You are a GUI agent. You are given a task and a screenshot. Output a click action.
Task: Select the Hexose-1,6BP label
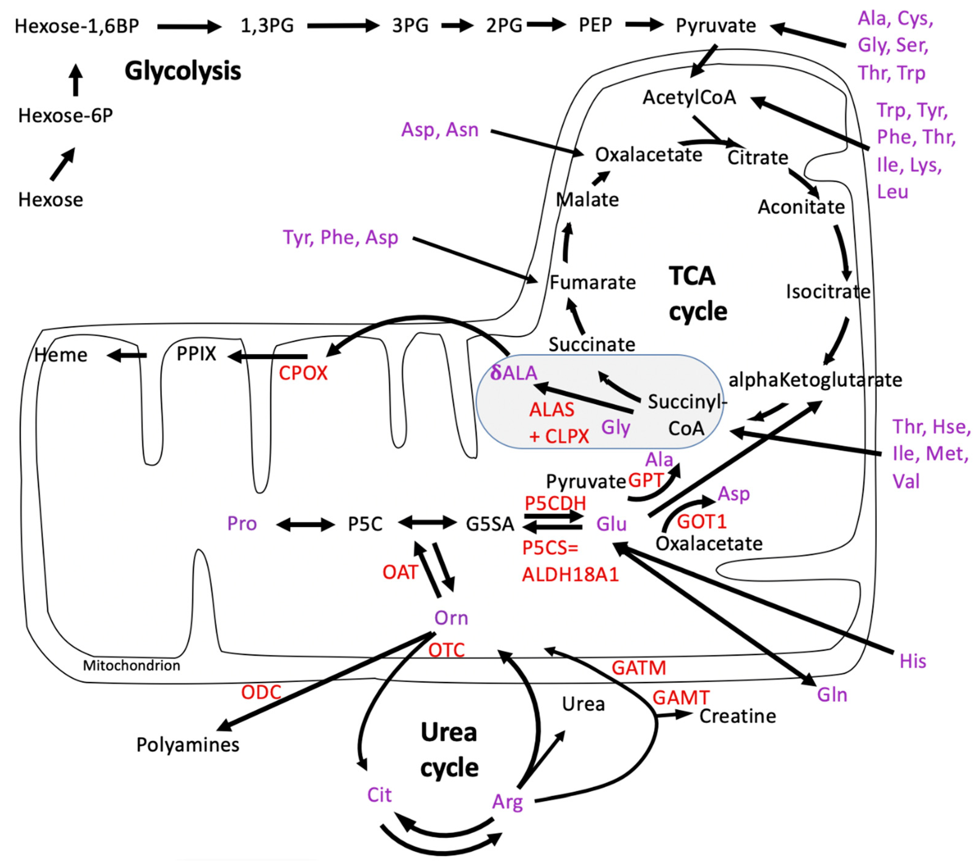click(77, 26)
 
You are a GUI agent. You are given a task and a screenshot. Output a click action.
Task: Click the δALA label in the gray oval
click(514, 373)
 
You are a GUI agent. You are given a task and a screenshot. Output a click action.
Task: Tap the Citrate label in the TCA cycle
click(757, 157)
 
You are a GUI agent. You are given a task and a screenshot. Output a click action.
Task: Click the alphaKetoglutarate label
click(815, 380)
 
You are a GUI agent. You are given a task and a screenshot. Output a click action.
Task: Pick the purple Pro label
click(242, 524)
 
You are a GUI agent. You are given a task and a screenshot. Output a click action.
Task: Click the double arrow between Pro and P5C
click(305, 524)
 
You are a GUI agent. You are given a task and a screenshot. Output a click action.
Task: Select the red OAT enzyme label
click(400, 572)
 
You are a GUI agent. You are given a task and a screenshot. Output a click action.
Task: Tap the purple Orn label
click(451, 618)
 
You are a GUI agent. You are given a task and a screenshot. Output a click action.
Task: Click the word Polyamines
click(187, 745)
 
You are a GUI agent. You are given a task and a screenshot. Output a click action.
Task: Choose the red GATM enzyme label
click(638, 668)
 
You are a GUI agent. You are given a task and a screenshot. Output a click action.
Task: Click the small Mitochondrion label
click(132, 666)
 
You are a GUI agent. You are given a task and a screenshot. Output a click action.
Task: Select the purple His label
click(912, 661)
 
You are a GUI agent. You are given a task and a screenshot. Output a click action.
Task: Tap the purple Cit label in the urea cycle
click(379, 795)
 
